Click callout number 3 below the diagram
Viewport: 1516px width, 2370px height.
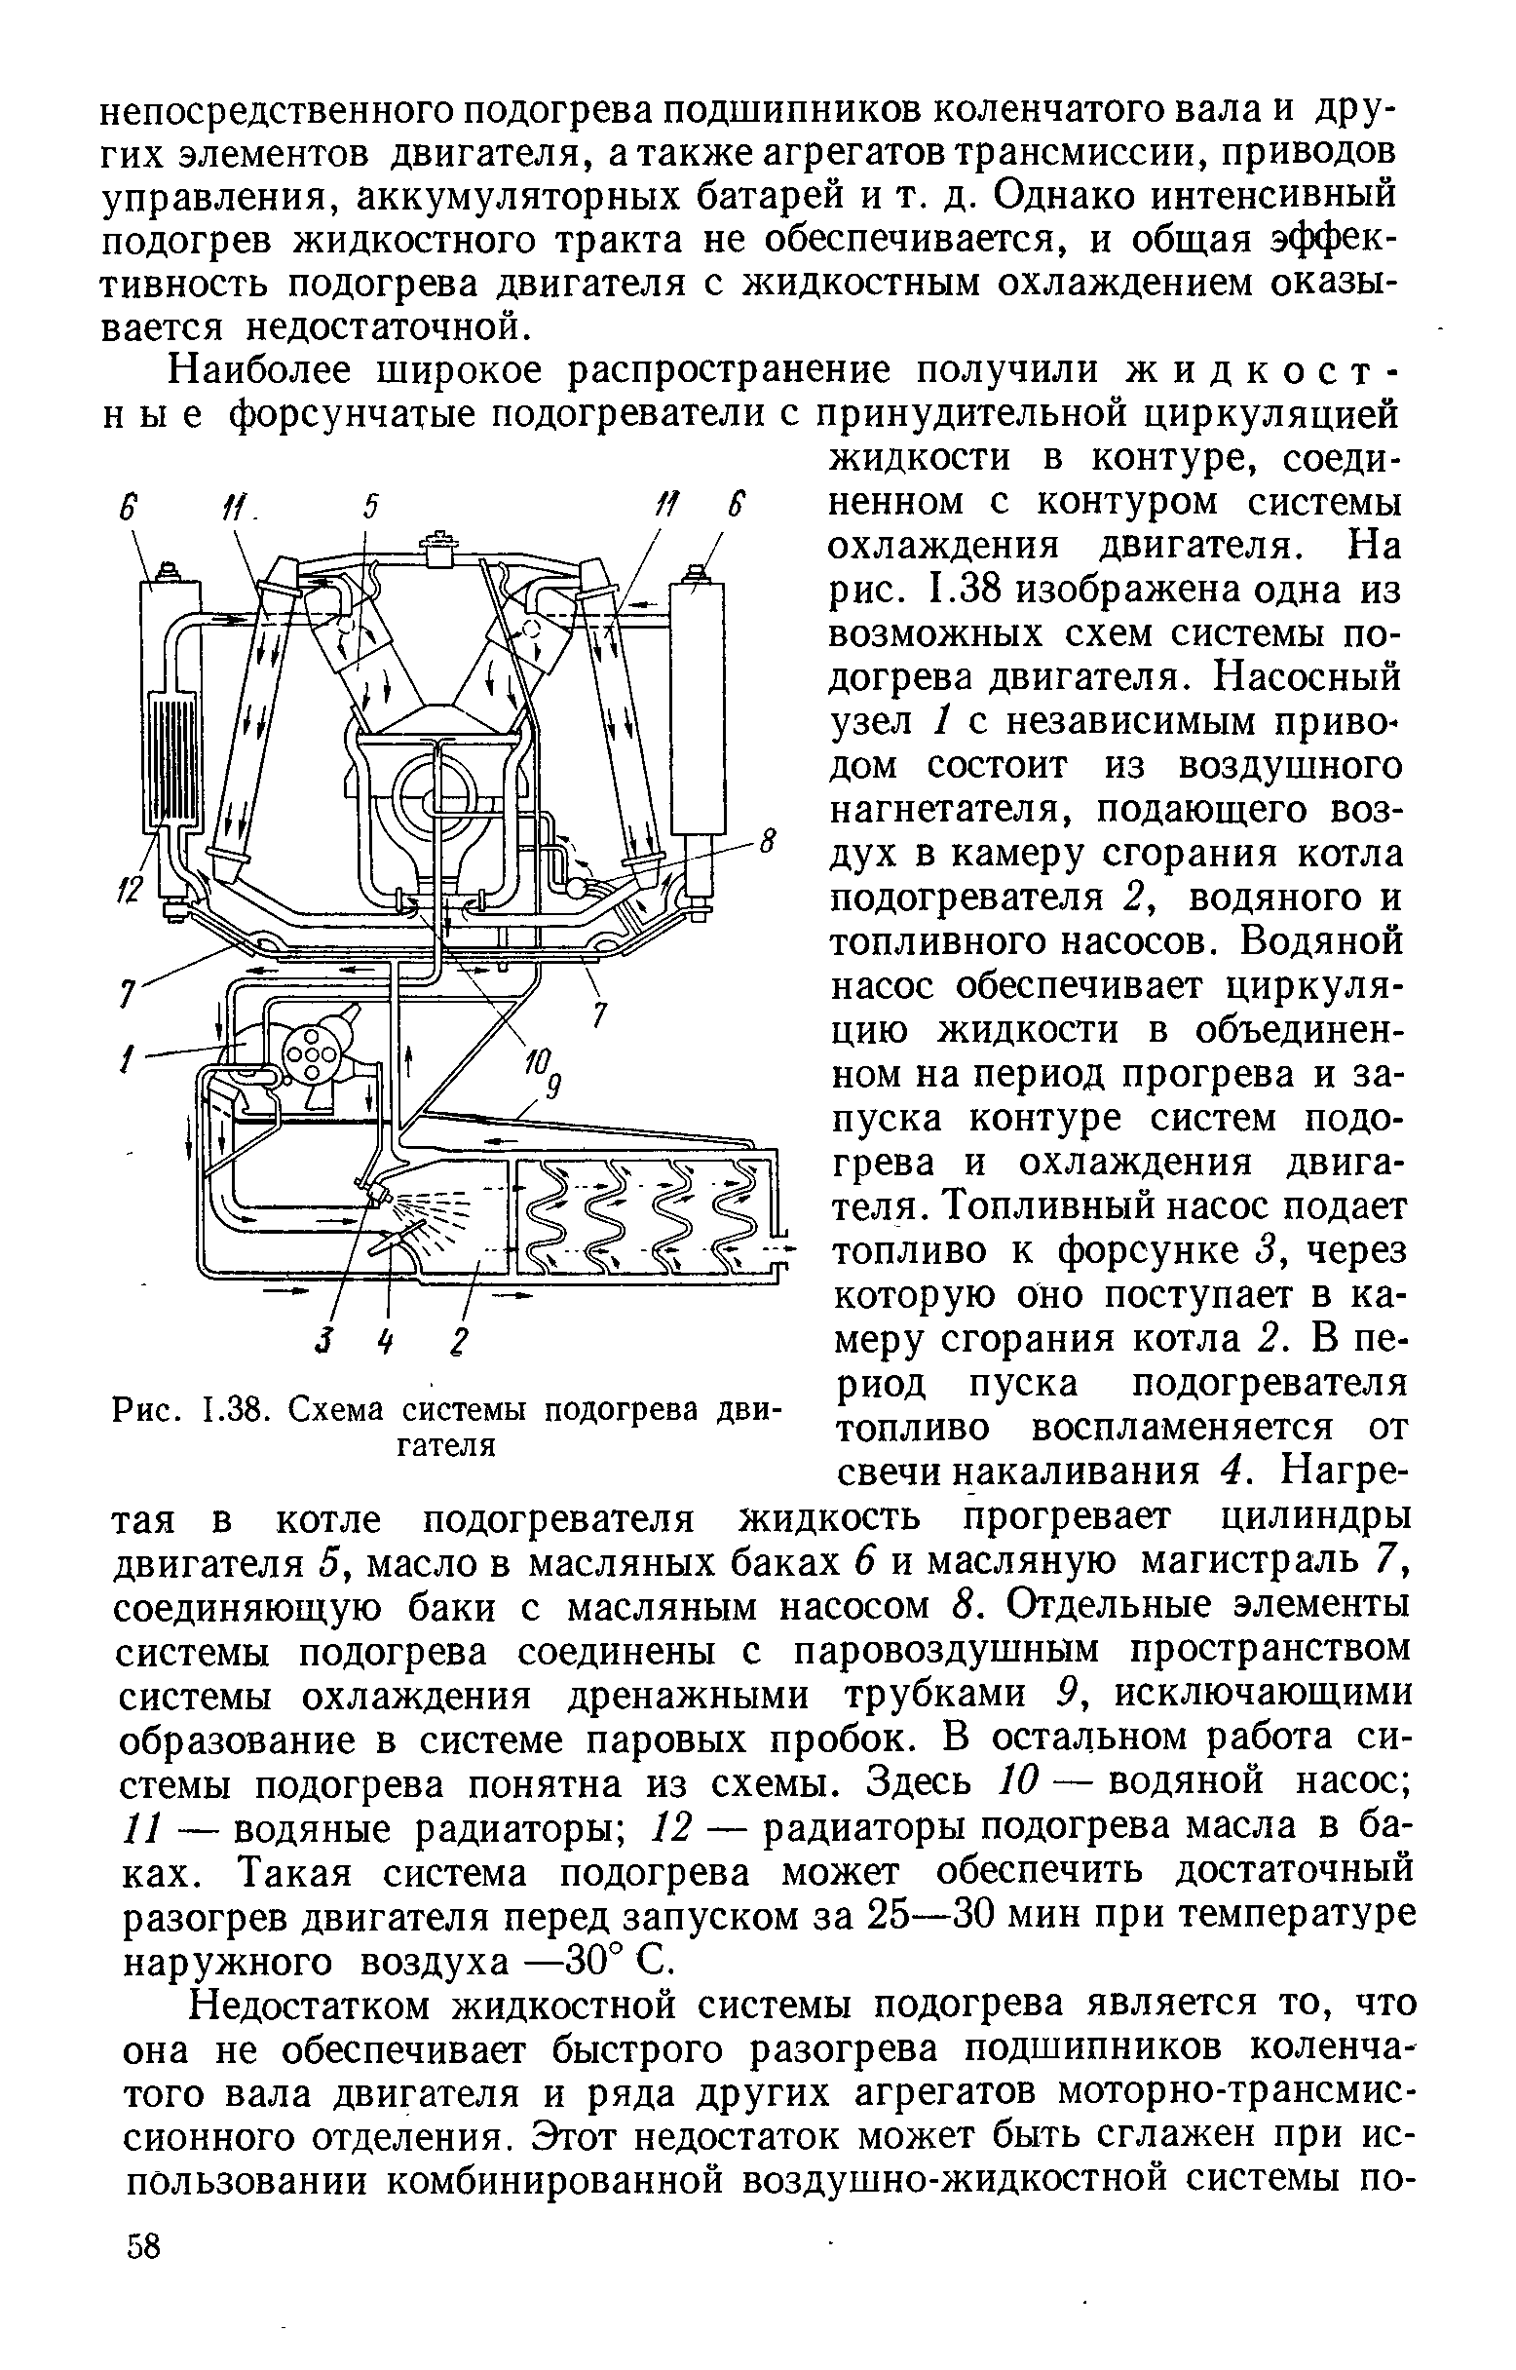coord(321,1341)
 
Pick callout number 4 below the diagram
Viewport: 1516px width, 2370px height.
coord(388,1341)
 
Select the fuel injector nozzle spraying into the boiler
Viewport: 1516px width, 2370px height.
coord(375,1195)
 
